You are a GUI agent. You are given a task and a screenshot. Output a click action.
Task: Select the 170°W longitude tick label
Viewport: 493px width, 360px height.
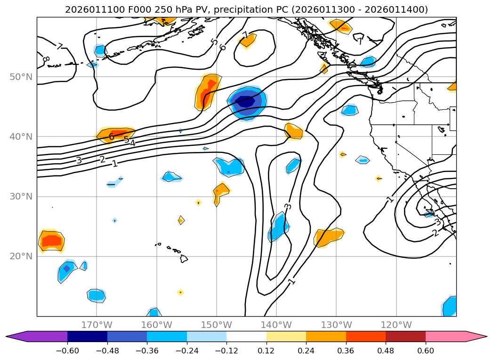point(97,325)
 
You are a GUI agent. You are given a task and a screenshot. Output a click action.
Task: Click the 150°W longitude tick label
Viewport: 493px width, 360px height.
point(217,325)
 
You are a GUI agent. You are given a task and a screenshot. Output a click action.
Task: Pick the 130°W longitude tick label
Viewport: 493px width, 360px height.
point(336,325)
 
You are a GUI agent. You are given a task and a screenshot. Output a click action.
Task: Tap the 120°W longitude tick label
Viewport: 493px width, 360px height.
point(396,325)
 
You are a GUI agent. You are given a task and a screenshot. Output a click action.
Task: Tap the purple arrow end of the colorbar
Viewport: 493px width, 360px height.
point(16,336)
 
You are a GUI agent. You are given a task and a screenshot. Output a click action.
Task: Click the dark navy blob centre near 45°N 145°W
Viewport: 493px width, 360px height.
point(245,101)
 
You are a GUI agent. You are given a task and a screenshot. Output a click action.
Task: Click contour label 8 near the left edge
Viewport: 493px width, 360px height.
point(46,59)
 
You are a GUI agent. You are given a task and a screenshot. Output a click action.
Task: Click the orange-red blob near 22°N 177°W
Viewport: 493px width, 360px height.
point(51,241)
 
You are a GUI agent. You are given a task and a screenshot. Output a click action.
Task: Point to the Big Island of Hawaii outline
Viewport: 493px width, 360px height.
point(184,258)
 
